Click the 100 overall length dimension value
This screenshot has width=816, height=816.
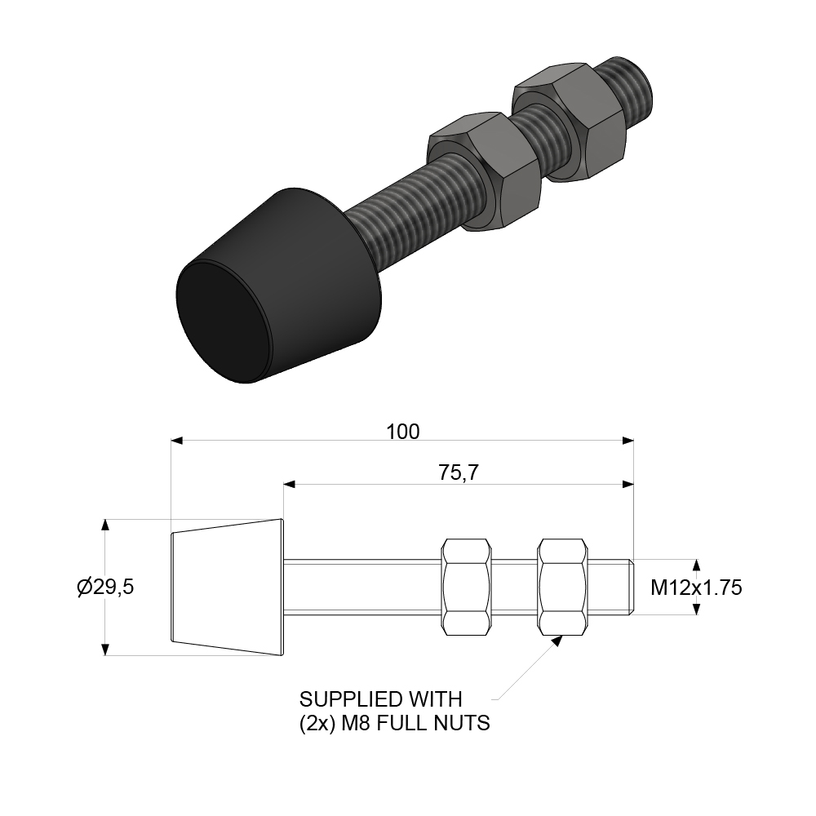click(402, 432)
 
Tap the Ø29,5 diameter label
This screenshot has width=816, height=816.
click(105, 588)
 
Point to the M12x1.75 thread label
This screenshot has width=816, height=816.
click(696, 588)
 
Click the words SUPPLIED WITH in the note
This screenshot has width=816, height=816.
click(380, 699)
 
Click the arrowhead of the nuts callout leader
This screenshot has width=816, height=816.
click(557, 640)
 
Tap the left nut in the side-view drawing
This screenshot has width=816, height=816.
click(466, 587)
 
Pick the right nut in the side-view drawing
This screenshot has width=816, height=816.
click(563, 587)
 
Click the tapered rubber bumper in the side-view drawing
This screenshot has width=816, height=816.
click(226, 587)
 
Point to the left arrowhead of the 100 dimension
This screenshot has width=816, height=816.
click(176, 441)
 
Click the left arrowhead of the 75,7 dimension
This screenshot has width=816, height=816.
click(289, 485)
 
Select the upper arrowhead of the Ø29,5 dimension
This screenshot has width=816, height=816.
click(105, 525)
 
